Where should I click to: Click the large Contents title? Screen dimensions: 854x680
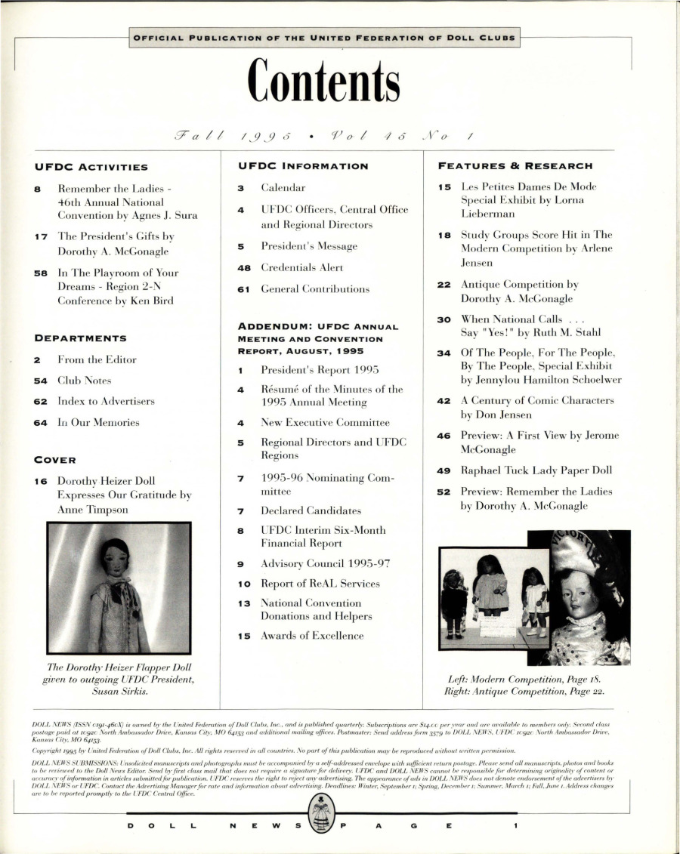tap(326, 85)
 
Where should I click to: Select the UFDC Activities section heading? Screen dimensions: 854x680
tap(91, 167)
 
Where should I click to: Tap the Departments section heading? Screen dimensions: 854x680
tap(81, 338)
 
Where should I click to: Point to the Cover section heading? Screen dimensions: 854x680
tap(56, 459)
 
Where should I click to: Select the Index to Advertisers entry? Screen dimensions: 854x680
tap(106, 401)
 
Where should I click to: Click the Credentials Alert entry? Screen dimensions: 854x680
tap(301, 267)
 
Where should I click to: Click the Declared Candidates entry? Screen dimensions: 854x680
tap(311, 510)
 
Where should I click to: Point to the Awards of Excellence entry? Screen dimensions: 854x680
tap(312, 636)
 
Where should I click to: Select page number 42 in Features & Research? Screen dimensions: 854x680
tap(444, 401)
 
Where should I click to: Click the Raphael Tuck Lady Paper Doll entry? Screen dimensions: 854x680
tap(536, 470)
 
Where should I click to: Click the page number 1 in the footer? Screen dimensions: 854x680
tap(515, 825)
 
